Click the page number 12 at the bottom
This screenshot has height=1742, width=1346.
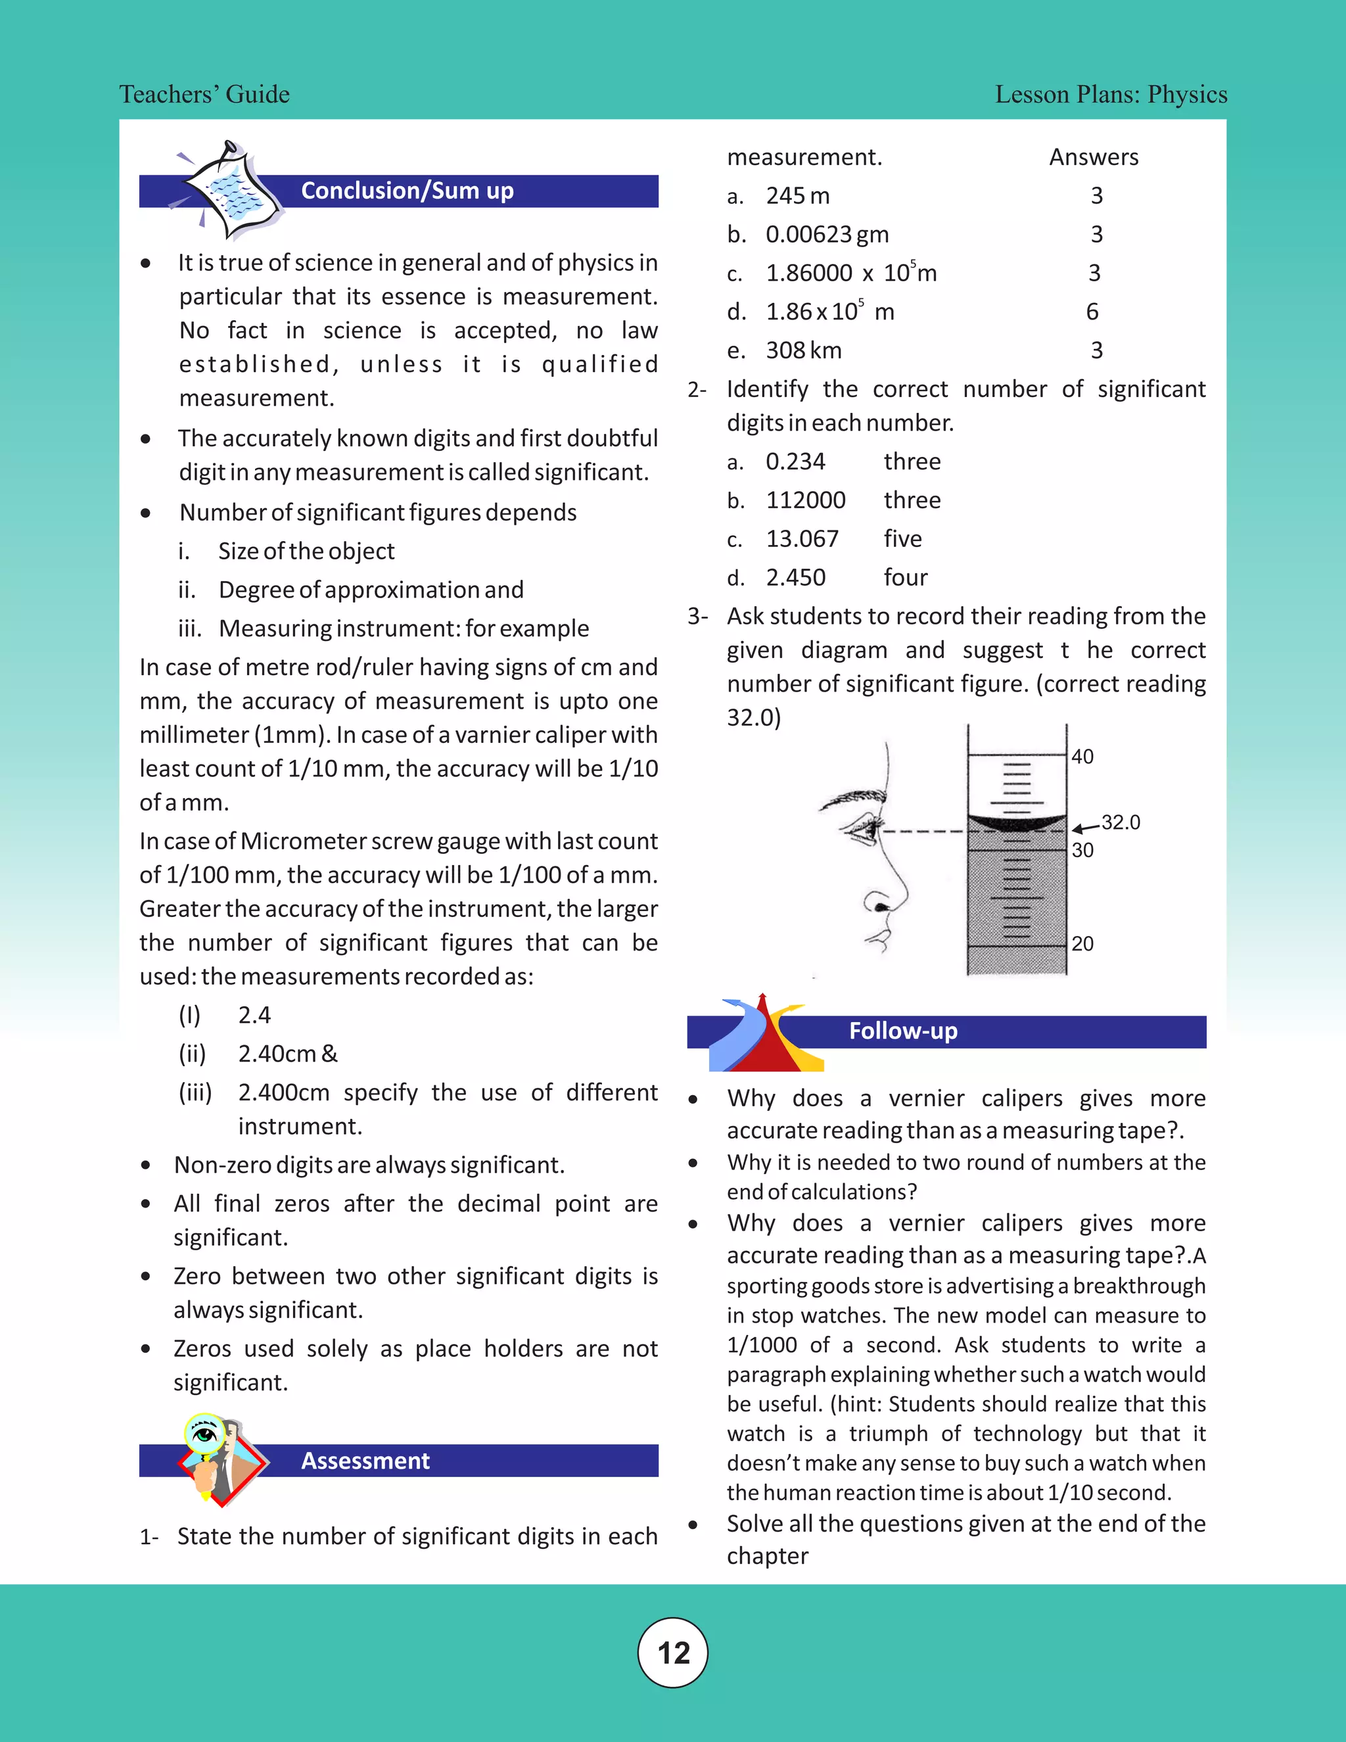(673, 1653)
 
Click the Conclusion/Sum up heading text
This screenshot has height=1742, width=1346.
(407, 191)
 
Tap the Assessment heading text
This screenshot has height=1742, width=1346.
(365, 1461)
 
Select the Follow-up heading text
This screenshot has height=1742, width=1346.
(902, 1031)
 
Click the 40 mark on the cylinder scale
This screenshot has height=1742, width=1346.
(1082, 756)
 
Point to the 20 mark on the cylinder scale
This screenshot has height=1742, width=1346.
(1082, 943)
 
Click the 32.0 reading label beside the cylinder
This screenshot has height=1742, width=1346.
(1121, 822)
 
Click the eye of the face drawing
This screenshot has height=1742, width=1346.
(864, 830)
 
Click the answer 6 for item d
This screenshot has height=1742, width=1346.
(1092, 312)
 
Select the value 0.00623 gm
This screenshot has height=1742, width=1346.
(827, 235)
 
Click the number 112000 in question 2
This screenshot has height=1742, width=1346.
(805, 500)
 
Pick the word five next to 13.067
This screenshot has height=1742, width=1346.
(902, 539)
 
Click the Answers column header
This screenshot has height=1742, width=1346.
(1093, 157)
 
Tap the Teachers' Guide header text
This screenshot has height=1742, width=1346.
(204, 94)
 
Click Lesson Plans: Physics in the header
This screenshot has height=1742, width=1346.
(1111, 94)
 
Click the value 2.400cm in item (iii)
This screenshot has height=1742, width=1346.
(283, 1093)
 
